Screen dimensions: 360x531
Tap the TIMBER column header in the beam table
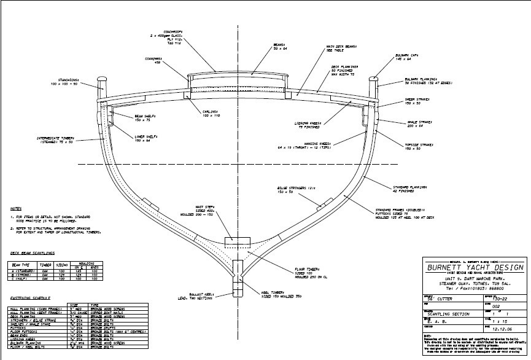point(44,265)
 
